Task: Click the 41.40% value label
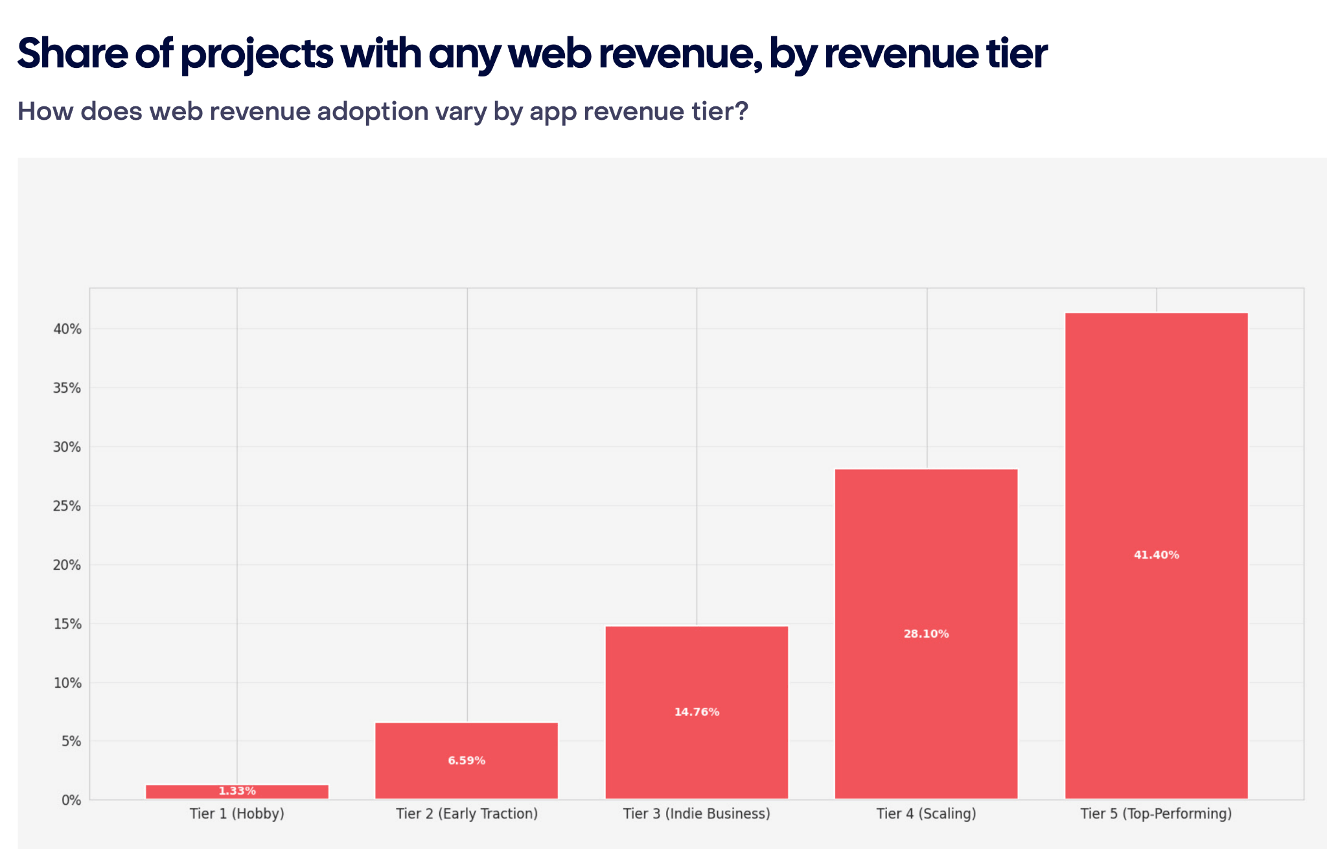1156,555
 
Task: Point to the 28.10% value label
926,634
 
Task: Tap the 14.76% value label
697,712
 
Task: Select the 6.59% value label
467,761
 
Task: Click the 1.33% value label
237,791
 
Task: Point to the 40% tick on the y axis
67,329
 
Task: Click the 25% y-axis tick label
67,506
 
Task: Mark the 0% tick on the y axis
71,800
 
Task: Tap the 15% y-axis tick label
67,624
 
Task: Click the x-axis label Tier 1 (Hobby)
237,814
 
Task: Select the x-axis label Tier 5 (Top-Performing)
1156,814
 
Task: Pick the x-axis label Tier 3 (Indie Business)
697,814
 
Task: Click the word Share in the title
72,53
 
